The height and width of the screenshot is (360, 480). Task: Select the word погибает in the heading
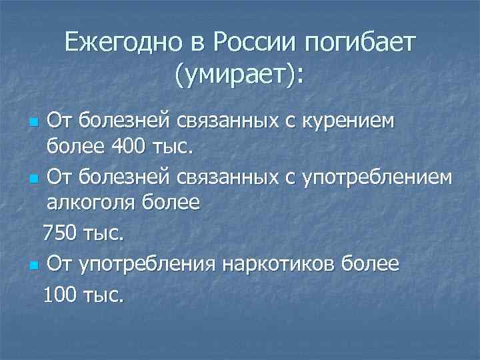tap(360, 45)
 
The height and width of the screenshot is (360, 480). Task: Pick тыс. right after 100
tap(103, 294)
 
